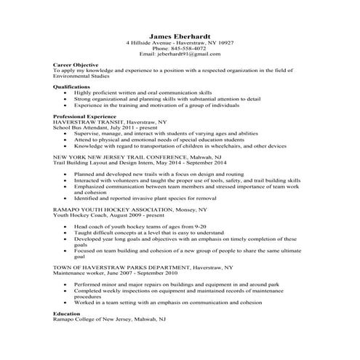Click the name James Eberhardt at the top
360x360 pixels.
(180, 36)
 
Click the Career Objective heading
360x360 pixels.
(75, 65)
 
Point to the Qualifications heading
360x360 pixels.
(73, 87)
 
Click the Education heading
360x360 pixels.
(68, 313)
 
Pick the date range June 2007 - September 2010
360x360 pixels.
(153, 273)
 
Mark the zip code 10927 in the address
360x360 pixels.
(225, 43)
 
